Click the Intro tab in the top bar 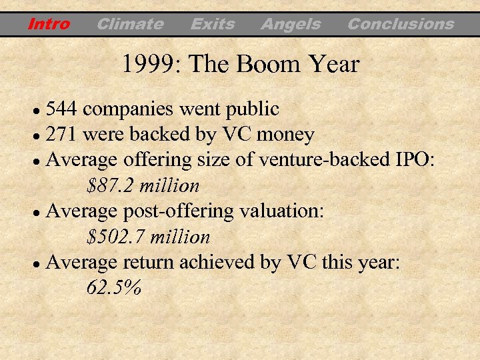pos(49,25)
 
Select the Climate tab pos(130,25)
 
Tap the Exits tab pos(213,25)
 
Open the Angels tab pos(291,25)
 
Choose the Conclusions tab pos(401,25)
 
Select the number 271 pos(63,135)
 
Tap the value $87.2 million pos(143,185)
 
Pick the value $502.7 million pos(149,237)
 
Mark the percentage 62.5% pos(114,288)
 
